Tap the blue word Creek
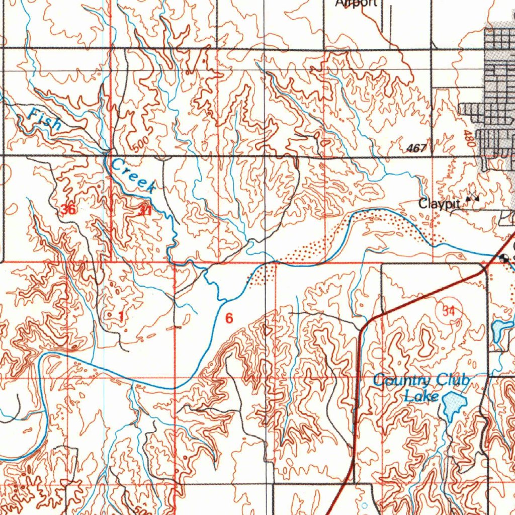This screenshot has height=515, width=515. [x=133, y=175]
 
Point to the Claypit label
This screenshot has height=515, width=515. [x=440, y=204]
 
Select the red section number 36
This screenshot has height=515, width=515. [x=68, y=209]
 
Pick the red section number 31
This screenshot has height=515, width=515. [x=145, y=211]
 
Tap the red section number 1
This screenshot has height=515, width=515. [x=121, y=316]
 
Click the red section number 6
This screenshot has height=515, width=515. [x=229, y=318]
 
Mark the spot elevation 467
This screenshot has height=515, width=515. [x=417, y=148]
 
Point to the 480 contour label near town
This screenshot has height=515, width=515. [x=469, y=138]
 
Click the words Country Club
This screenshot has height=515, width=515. [x=421, y=380]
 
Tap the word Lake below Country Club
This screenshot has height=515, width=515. [x=421, y=397]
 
